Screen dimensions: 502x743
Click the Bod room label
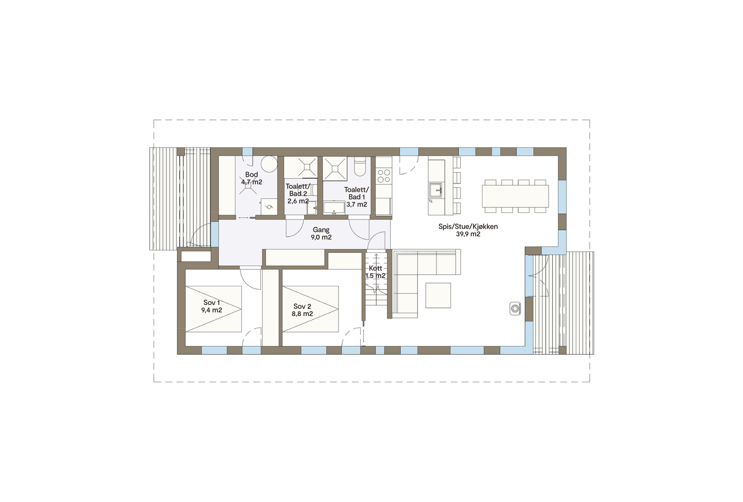(x=251, y=175)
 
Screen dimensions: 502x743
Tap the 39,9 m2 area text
(x=468, y=234)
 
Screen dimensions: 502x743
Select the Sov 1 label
(x=212, y=303)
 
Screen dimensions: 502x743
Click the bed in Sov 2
(x=310, y=309)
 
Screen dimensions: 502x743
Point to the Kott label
(x=375, y=268)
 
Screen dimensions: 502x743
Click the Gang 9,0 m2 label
(x=321, y=233)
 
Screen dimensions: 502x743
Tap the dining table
(x=515, y=196)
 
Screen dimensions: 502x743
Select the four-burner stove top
(x=384, y=176)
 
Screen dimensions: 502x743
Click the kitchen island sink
(x=435, y=191)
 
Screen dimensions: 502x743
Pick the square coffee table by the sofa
(x=438, y=296)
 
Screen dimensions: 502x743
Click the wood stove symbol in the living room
(x=515, y=308)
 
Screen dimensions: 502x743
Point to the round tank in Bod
(x=268, y=164)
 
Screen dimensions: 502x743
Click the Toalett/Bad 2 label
(x=298, y=190)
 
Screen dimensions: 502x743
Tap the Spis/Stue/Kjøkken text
(x=468, y=227)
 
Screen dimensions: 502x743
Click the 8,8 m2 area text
(x=302, y=314)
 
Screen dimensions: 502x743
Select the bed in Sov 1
(x=214, y=309)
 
